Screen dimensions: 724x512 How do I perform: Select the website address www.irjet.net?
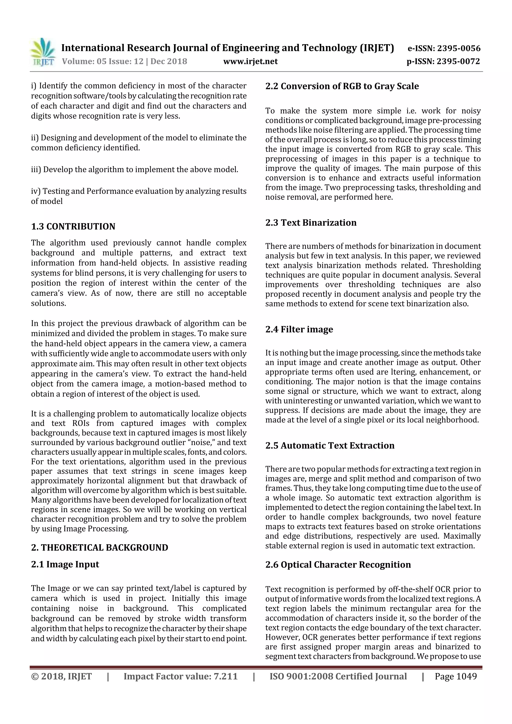pyautogui.click(x=250, y=61)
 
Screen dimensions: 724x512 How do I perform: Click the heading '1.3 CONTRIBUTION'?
pyautogui.click(x=73, y=226)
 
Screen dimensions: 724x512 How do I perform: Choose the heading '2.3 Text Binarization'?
pyautogui.click(x=311, y=223)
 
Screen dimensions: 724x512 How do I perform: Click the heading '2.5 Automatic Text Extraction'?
pyautogui.click(x=330, y=445)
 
